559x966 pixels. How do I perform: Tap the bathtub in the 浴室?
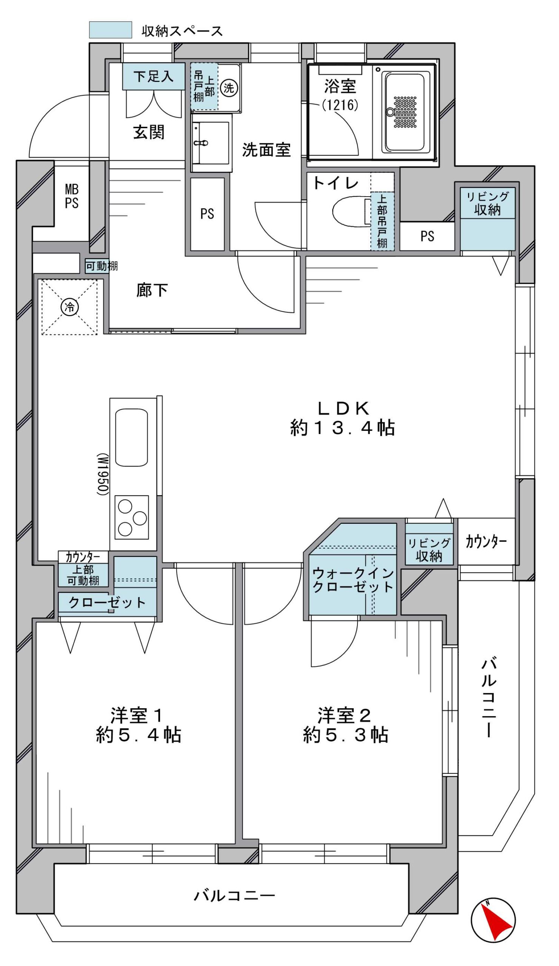click(x=405, y=112)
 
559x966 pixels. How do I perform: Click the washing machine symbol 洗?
click(x=229, y=88)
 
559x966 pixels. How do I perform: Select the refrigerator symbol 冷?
click(x=70, y=307)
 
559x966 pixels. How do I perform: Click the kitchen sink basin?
click(x=131, y=437)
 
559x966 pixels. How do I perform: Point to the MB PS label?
click(x=72, y=196)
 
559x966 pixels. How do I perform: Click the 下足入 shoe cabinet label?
click(x=153, y=77)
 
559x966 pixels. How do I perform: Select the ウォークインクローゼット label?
click(x=353, y=580)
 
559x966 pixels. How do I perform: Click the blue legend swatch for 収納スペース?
click(x=111, y=30)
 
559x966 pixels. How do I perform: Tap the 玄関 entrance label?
click(x=149, y=132)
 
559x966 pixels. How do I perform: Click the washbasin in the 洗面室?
click(x=212, y=142)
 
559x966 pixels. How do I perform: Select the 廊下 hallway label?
click(x=152, y=290)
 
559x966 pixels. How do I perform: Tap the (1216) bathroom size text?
click(x=340, y=105)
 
